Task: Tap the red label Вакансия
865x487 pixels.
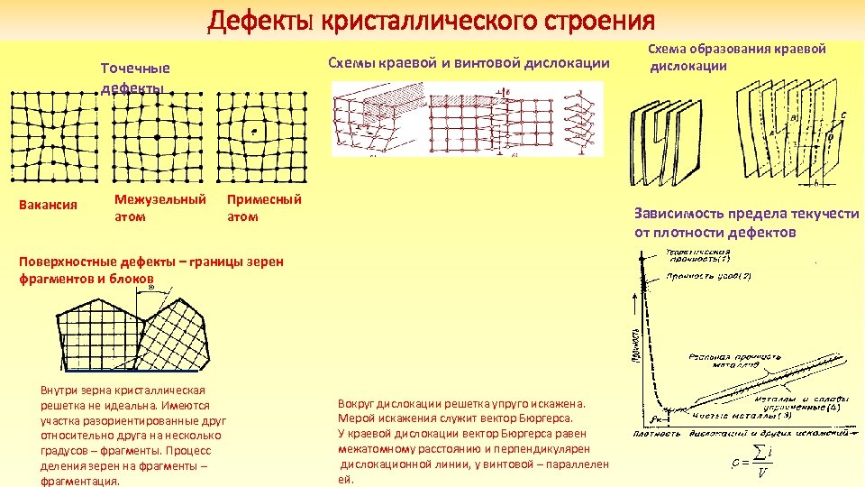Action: point(48,205)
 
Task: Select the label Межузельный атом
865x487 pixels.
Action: point(159,207)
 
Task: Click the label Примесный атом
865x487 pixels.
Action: point(263,207)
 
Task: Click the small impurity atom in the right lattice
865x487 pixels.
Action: point(256,133)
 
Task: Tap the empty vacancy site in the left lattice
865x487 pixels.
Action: point(49,138)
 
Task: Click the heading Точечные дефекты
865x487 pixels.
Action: point(135,78)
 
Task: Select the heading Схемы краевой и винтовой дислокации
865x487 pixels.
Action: point(469,64)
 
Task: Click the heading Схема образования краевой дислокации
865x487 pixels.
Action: point(736,57)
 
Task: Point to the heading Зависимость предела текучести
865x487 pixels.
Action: point(746,223)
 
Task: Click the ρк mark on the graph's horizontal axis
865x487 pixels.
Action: point(657,419)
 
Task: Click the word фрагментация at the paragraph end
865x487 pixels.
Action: point(80,481)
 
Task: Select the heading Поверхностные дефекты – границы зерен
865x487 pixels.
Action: point(150,262)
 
